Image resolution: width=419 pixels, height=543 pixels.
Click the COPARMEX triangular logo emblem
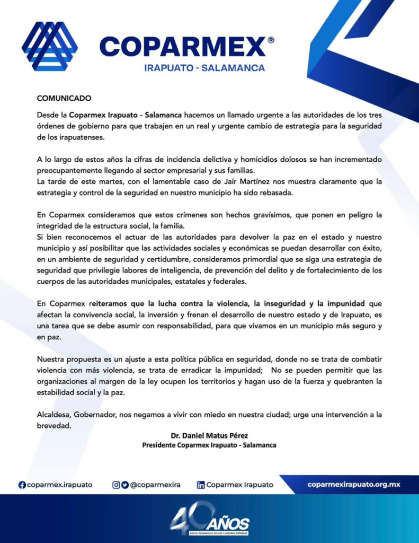49,46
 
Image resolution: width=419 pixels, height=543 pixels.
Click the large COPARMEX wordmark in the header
182,47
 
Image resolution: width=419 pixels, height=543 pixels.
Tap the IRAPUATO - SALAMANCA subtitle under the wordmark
204,68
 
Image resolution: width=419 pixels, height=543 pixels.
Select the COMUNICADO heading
64,98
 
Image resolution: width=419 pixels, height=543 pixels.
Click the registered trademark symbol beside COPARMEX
271,40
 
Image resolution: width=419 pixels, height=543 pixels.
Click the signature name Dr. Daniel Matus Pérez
209,436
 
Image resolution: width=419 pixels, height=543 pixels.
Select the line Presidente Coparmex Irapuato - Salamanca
209,445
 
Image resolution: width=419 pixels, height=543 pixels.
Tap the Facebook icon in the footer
22,485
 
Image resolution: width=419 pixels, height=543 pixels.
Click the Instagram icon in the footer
115,485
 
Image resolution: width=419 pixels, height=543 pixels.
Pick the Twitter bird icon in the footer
124,485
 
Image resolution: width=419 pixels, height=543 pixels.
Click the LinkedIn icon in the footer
201,485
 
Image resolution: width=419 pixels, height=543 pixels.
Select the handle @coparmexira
155,485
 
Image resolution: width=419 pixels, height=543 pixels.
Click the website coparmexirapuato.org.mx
353,485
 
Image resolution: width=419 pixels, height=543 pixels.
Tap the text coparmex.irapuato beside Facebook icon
59,485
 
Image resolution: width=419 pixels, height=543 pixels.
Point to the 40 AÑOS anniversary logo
209,519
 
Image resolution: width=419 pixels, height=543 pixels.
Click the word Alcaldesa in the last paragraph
56,415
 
